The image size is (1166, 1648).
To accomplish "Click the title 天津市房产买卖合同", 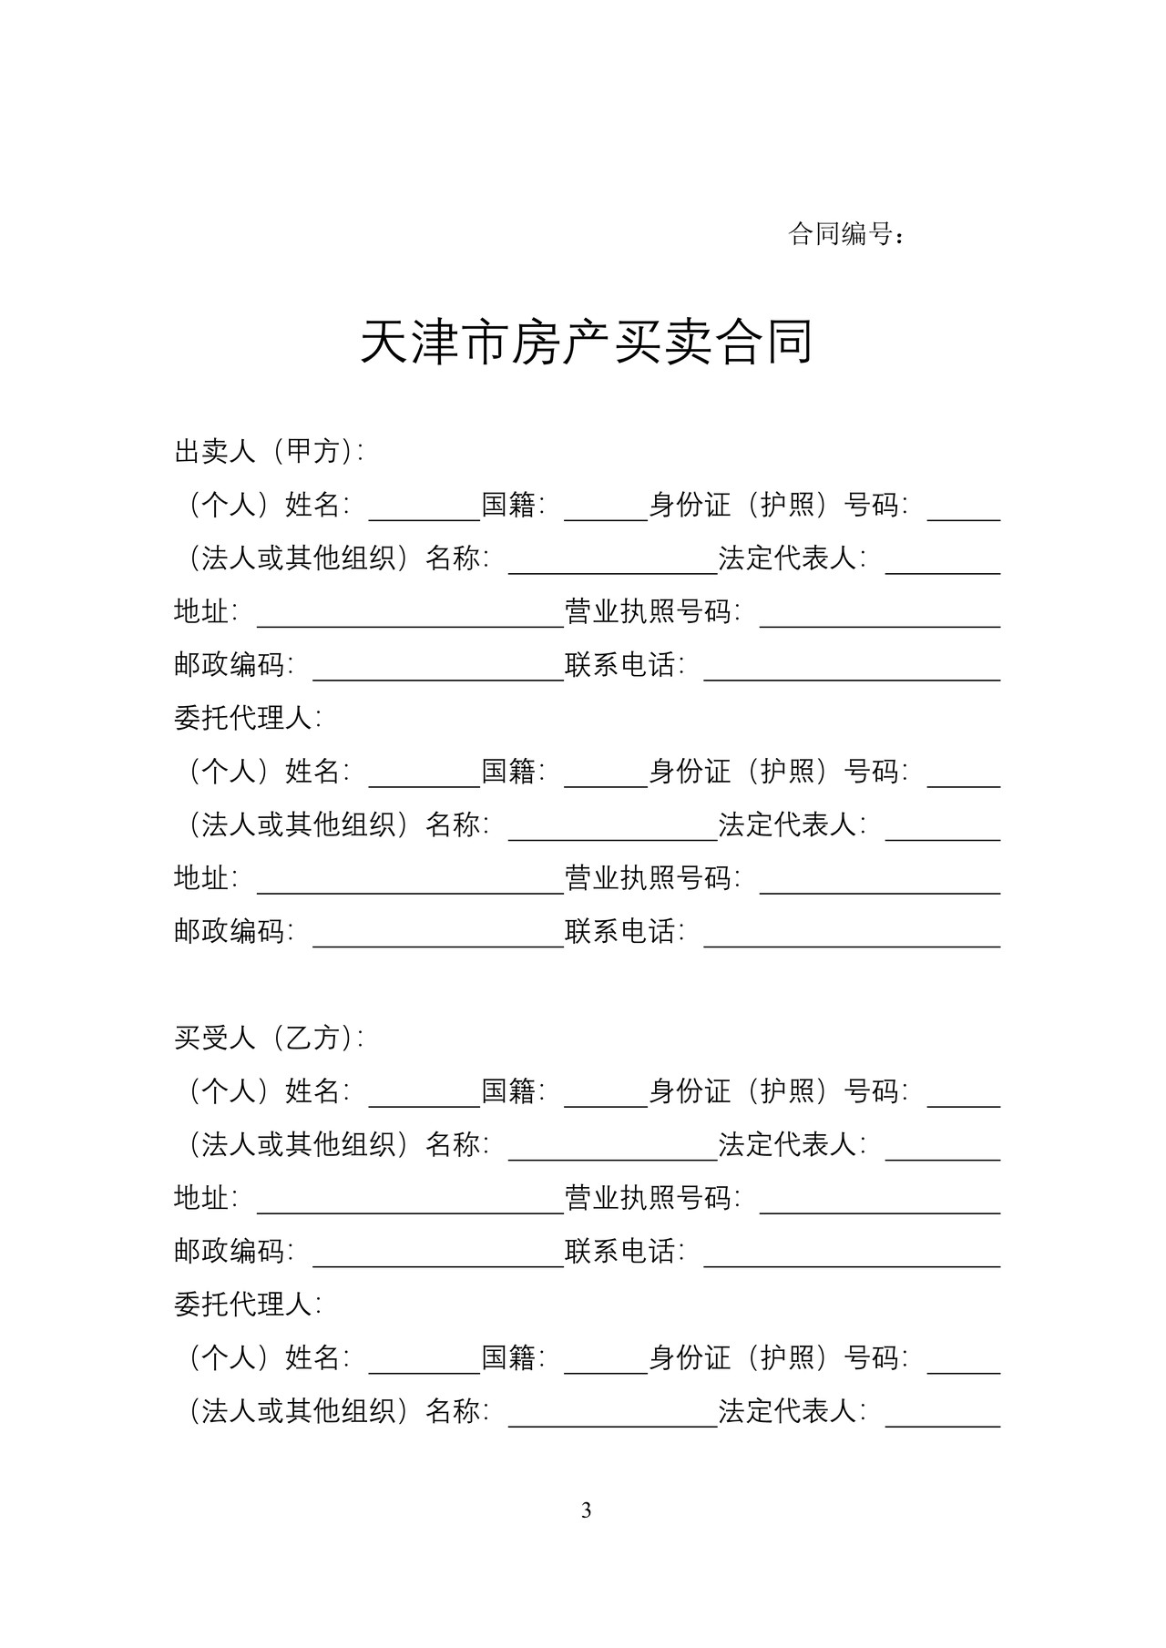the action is click(586, 343).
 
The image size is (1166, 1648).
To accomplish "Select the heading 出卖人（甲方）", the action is click(269, 451).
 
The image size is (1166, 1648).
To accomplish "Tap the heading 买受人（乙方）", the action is click(269, 1038).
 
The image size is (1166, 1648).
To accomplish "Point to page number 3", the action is click(586, 1510).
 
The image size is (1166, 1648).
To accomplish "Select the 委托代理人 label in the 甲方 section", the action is click(248, 718).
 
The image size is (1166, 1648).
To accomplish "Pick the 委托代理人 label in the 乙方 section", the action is click(248, 1305).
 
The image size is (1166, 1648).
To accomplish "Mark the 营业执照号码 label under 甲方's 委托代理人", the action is click(652, 878).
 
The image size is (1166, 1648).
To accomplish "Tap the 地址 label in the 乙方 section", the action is click(206, 1198).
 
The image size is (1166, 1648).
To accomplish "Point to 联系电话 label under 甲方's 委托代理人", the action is click(624, 932).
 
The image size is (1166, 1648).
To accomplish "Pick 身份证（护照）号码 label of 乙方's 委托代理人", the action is click(778, 1358).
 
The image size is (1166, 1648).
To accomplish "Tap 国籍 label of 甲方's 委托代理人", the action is click(513, 772).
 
